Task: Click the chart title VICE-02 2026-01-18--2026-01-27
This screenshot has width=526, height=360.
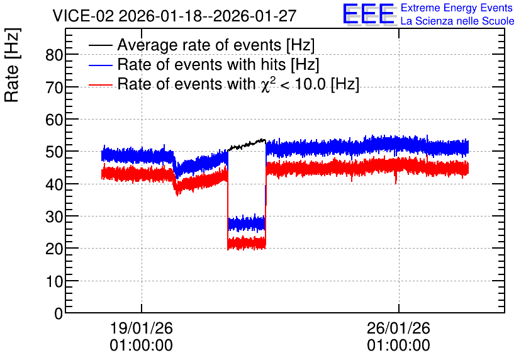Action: click(x=174, y=16)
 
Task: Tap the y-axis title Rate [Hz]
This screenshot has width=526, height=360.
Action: click(x=12, y=65)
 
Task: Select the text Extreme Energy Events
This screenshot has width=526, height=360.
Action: click(x=456, y=8)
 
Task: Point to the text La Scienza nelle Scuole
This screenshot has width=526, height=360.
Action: click(x=457, y=21)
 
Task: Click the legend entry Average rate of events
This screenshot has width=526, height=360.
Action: click(x=216, y=45)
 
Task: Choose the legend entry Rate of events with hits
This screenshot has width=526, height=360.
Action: click(x=218, y=64)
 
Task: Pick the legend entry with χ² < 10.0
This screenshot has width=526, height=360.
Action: click(x=238, y=84)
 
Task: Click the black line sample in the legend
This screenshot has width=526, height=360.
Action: click(x=100, y=45)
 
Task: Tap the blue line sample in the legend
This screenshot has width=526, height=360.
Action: click(x=100, y=65)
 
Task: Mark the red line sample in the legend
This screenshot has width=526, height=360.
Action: click(x=100, y=84)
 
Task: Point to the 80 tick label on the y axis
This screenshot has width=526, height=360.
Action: click(x=54, y=55)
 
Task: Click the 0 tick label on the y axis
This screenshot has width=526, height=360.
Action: click(x=59, y=313)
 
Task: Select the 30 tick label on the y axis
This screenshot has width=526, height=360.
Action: click(x=54, y=217)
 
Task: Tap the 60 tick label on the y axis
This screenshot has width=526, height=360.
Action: click(x=54, y=120)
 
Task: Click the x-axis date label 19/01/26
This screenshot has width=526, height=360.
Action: click(x=141, y=328)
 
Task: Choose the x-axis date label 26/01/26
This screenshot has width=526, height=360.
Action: click(x=398, y=328)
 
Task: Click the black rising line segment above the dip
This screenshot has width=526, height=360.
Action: click(x=247, y=144)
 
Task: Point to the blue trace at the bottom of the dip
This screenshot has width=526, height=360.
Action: click(x=247, y=223)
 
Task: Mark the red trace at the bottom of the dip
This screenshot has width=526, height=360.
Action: click(x=247, y=243)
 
